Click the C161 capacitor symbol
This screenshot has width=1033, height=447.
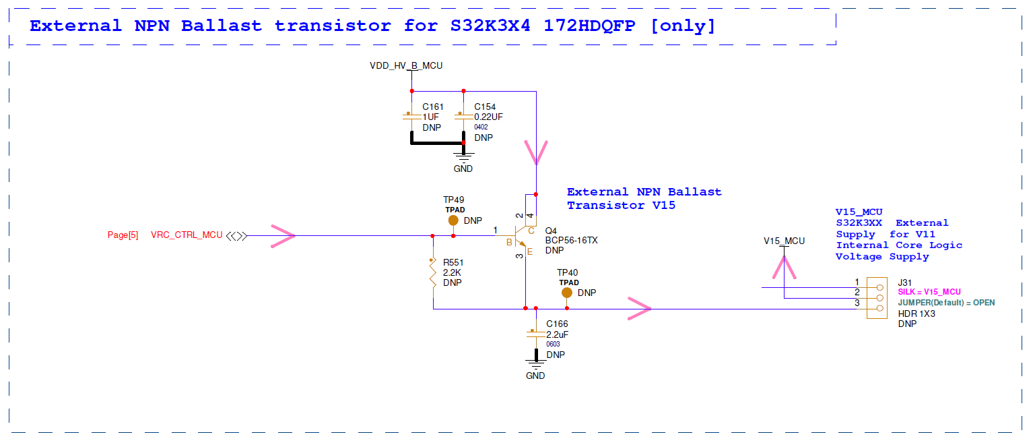[411, 117]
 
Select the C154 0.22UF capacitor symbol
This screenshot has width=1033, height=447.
[463, 117]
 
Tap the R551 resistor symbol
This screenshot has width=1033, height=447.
[432, 273]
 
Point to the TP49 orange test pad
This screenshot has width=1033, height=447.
[453, 220]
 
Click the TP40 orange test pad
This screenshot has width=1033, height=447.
[567, 293]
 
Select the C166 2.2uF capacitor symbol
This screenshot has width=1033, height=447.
[535, 334]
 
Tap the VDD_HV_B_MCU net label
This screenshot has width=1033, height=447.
[406, 65]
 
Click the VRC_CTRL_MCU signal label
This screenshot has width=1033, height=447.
[187, 235]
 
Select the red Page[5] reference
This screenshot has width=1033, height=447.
[123, 235]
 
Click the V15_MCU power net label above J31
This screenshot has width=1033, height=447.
[784, 241]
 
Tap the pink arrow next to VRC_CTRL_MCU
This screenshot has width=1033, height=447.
[283, 236]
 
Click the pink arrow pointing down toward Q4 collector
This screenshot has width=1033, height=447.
[536, 153]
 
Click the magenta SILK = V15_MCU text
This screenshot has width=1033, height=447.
[929, 292]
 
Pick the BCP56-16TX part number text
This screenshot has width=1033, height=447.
[571, 240]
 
